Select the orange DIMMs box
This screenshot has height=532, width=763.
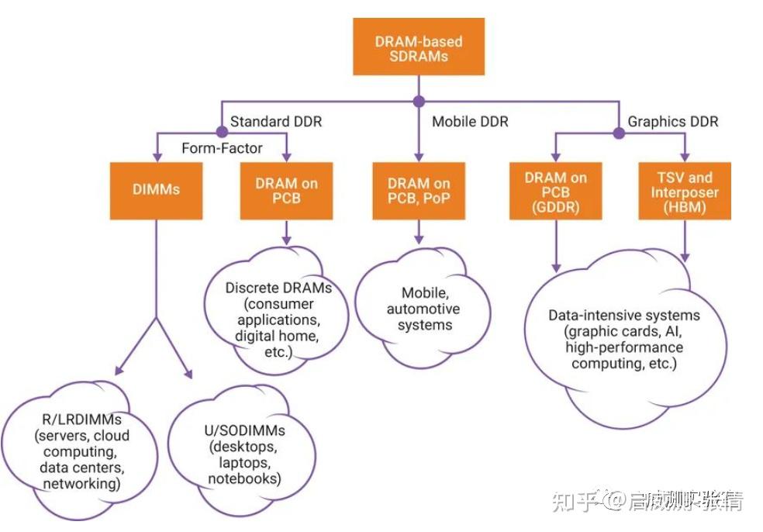point(157,190)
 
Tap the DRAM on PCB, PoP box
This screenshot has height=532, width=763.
point(419,190)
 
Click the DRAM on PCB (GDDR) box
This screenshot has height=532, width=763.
point(556,190)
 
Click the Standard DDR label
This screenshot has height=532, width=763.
point(275,122)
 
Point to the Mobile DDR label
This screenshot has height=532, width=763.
point(470,122)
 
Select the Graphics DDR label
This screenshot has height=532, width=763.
point(672,122)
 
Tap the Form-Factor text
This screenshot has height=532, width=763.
point(222,147)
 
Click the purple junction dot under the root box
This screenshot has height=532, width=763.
point(419,101)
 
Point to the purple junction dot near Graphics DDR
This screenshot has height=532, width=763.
point(619,133)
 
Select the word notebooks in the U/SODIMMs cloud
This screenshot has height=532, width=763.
point(243,478)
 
